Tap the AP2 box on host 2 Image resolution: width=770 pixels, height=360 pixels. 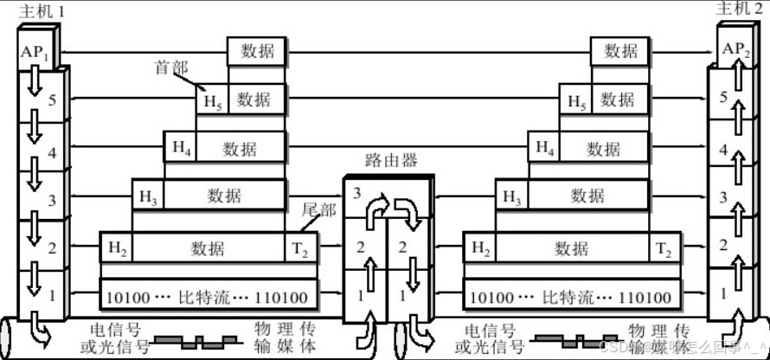pos(735,49)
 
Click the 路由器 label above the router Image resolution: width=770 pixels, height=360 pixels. pos(391,160)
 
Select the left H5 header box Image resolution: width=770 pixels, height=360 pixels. pos(212,100)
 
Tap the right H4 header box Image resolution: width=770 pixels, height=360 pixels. pos(544,148)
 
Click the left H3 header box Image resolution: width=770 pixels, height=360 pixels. pos(148,195)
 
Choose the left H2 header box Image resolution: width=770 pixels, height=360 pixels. pos(117,248)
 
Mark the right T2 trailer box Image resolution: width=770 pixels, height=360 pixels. pos(664,249)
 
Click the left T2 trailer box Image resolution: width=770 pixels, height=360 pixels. pos(300,249)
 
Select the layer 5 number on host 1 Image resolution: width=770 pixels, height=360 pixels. pos(52,100)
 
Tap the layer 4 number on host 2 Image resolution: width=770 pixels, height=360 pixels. pos(723,149)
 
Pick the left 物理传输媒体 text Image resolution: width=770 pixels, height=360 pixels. pos(281,338)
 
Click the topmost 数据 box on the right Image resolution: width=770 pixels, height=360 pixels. pos(620,50)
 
